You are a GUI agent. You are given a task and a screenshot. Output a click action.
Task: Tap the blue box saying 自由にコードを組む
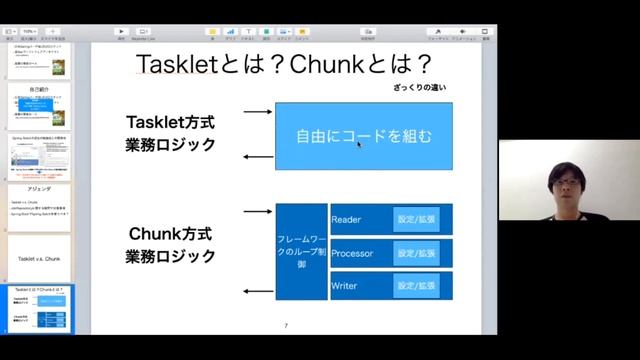(x=363, y=135)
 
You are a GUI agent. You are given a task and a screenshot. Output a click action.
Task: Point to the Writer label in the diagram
(x=344, y=286)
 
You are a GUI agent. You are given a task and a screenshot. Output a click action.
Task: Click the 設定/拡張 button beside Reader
(x=416, y=219)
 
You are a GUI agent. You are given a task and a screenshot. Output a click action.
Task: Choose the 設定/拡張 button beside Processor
(x=416, y=253)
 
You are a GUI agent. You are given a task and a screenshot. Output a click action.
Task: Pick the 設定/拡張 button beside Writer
(x=416, y=286)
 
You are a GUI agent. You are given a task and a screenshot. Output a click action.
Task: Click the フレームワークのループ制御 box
(x=301, y=252)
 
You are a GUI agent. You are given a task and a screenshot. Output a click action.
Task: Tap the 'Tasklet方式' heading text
(x=170, y=123)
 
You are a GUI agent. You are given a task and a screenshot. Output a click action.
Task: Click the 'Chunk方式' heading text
(x=170, y=235)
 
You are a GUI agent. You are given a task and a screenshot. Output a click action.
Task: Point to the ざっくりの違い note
(x=417, y=89)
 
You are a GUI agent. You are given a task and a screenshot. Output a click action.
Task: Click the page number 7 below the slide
(x=286, y=326)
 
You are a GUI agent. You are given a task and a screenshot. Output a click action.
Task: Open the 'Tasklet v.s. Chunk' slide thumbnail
(x=38, y=257)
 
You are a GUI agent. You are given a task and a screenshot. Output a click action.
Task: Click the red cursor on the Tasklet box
(x=358, y=145)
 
